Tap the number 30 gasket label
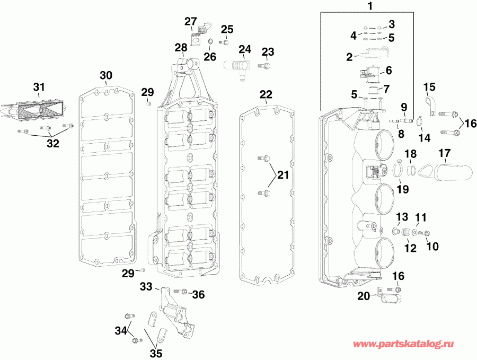point(106,75)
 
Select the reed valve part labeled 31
point(40,111)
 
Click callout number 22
point(266,94)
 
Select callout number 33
point(146,287)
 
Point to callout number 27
point(191,21)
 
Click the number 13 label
point(402,216)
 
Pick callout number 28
point(181,48)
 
